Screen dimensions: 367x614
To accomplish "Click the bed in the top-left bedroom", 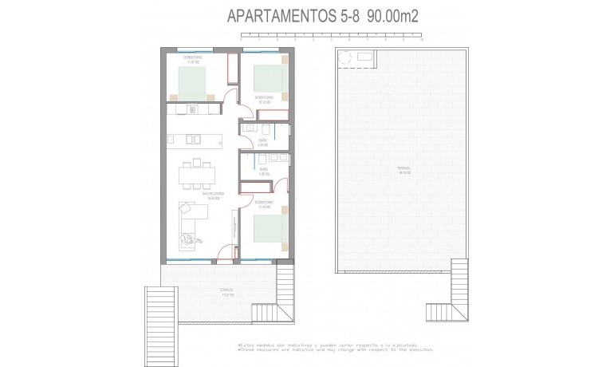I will (x=193, y=81).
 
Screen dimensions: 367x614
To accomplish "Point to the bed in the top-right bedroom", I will (x=266, y=78).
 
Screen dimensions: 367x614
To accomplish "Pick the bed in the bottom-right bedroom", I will (x=266, y=229).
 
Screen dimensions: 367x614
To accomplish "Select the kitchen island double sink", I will (x=194, y=139).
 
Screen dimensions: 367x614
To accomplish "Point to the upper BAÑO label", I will (x=262, y=140).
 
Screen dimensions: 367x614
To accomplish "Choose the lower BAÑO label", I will (x=263, y=169).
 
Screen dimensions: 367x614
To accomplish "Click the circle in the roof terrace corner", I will (x=345, y=58).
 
